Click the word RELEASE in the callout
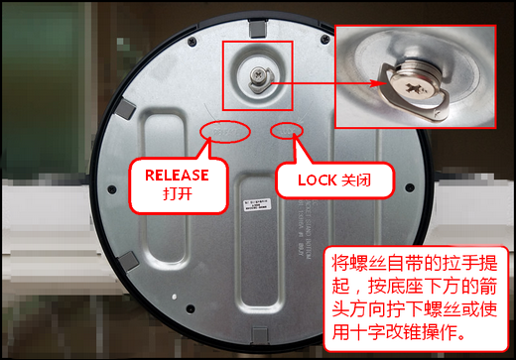coord(178,175)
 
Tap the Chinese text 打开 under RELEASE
coord(177,193)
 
